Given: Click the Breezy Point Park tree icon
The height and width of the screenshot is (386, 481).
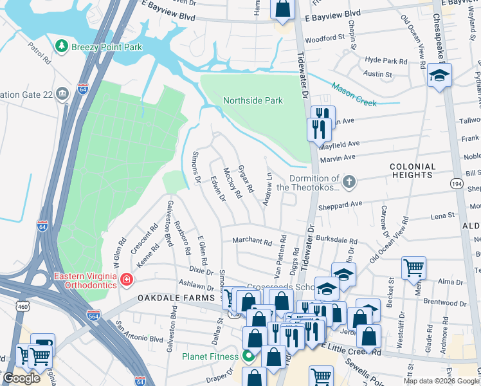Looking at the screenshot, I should [62, 46].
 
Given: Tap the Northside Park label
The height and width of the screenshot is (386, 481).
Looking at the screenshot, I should [253, 100].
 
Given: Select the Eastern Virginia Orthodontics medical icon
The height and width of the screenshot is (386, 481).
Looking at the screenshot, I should [127, 279].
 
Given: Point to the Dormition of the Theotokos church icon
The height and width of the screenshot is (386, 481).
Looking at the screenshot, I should [349, 182].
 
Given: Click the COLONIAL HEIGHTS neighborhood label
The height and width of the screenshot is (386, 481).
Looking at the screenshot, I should [412, 170].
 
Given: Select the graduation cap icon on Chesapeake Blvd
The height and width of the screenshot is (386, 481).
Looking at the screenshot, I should [440, 75].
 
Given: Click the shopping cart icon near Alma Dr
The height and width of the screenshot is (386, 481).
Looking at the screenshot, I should [413, 268].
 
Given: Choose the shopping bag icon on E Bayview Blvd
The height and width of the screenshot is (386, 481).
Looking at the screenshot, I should [282, 9].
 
